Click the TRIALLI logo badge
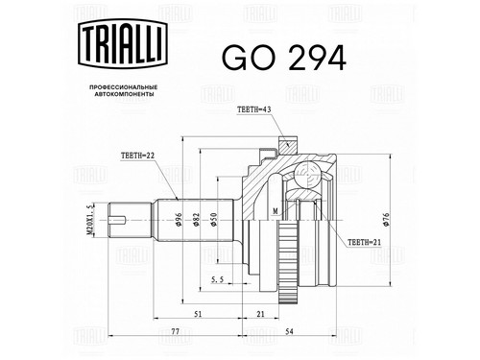click(123, 43)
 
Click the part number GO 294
click(284, 59)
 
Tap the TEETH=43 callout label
click(253, 109)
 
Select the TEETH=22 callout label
click(138, 156)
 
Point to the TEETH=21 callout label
click(364, 242)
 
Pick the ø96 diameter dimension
click(179, 220)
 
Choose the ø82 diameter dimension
click(196, 220)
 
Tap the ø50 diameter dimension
click(214, 220)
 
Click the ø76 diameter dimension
click(386, 220)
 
